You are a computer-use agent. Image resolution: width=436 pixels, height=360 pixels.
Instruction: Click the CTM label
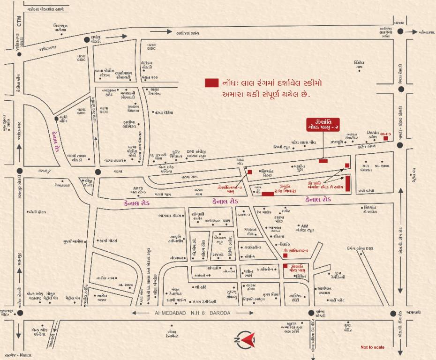click(20, 21)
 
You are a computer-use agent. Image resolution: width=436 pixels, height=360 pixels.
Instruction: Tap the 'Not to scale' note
click(372, 347)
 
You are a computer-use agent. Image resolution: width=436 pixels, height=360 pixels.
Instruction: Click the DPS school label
click(190, 151)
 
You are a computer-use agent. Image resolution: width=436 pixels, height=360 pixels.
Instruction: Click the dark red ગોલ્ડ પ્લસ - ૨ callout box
click(323, 124)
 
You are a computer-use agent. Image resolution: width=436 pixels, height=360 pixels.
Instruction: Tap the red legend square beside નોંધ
click(211, 82)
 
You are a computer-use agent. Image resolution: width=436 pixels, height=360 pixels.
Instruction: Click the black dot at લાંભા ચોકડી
click(310, 313)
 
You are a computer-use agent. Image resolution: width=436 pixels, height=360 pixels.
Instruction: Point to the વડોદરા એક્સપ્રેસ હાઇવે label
click(45, 9)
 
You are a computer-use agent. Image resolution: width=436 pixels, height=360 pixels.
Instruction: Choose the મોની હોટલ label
click(38, 212)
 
